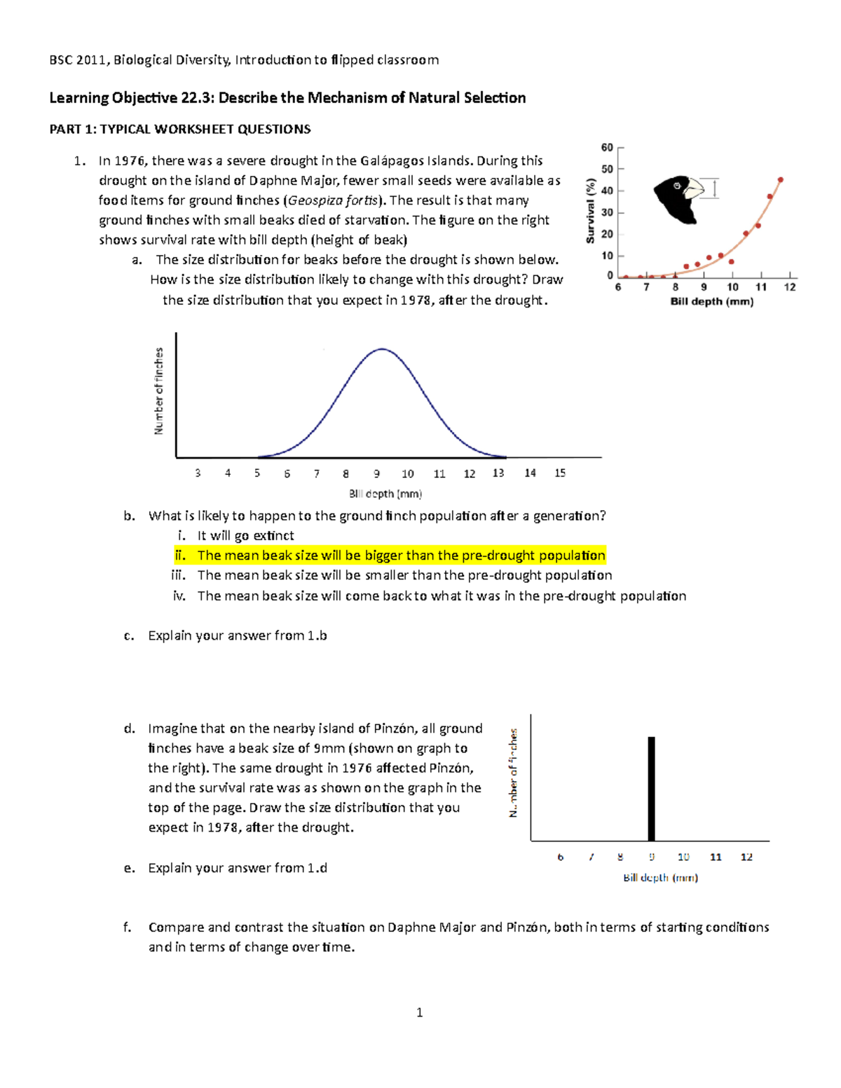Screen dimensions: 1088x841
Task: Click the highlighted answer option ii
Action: click(x=401, y=556)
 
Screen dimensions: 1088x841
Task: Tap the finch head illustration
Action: click(x=677, y=198)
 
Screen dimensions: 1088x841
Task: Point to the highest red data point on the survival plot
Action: click(x=781, y=180)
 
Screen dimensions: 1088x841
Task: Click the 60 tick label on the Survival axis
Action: click(x=607, y=148)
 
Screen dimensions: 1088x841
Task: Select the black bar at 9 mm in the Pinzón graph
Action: click(x=651, y=788)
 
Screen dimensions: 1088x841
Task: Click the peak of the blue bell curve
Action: click(x=382, y=349)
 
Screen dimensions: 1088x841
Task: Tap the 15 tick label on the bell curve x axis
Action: click(x=560, y=474)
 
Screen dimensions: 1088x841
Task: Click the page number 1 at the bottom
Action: click(x=419, y=1012)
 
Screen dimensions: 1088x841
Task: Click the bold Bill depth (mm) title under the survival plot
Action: click(x=711, y=302)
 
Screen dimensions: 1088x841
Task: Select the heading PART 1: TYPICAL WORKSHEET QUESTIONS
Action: click(x=179, y=129)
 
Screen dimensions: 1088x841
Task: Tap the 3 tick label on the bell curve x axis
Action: click(x=198, y=474)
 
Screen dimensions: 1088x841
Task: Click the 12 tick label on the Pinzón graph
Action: click(x=746, y=857)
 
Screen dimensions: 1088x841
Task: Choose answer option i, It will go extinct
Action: click(x=245, y=536)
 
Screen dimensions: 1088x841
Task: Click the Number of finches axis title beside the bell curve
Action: click(x=159, y=391)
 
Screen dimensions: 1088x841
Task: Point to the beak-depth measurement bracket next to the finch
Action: click(x=714, y=188)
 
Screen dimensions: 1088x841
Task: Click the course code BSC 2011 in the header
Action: click(x=78, y=60)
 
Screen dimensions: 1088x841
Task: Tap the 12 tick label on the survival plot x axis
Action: click(x=790, y=287)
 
